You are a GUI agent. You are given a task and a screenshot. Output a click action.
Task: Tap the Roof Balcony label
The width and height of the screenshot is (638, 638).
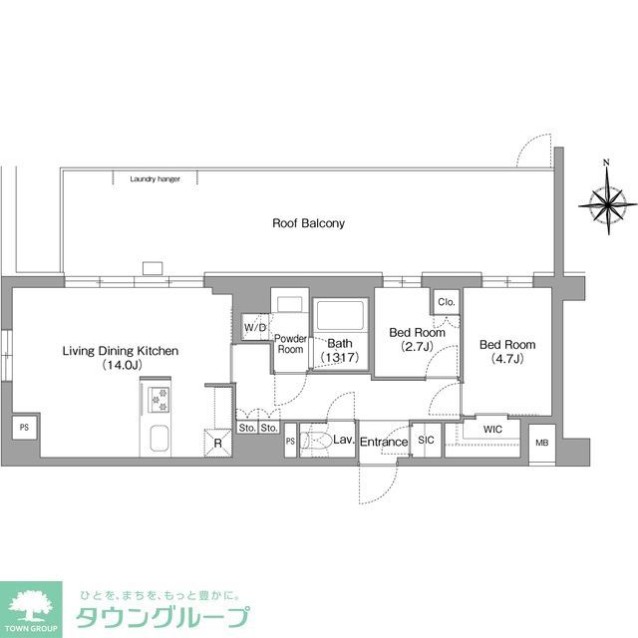(x=308, y=223)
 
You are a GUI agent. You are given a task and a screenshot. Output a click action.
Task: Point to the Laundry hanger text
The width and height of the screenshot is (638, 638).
(x=155, y=179)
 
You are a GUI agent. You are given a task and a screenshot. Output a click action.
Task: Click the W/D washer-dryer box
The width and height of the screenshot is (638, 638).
(x=255, y=327)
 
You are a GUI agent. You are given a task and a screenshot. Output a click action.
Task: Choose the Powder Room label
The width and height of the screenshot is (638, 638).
(x=290, y=344)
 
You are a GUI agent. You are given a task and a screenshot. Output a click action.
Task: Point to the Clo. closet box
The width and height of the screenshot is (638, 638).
(x=446, y=301)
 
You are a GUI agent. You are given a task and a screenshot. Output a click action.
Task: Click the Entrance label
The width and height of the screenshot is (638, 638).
(x=384, y=443)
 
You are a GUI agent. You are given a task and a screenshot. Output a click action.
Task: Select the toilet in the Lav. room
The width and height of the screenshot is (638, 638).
(x=318, y=442)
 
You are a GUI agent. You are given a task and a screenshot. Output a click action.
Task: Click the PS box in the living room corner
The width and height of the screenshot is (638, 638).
(x=22, y=427)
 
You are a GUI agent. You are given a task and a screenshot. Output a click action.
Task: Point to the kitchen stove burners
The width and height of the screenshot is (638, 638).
(x=159, y=400)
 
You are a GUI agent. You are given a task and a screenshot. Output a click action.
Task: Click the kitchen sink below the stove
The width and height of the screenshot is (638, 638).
(x=159, y=440)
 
